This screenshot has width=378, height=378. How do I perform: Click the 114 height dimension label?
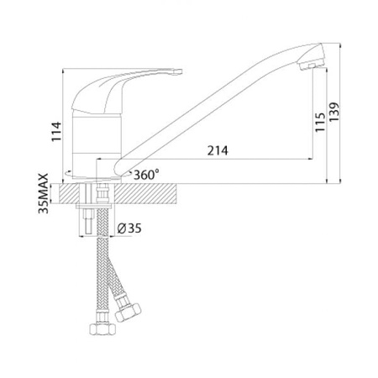coord(56,132)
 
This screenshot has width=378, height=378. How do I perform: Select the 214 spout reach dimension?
coord(218,150)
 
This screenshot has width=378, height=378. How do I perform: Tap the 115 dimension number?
coord(320,122)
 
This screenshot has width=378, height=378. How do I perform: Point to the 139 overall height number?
coord(334,112)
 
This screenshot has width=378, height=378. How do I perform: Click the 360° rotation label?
coord(146,175)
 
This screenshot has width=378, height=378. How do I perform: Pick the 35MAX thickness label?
coord(44,193)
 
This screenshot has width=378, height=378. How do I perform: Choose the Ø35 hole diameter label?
coord(129,228)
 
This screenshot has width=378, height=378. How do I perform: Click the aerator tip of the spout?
coord(312,66)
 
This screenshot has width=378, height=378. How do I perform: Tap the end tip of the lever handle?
coord(177,72)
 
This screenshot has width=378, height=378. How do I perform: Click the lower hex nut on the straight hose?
coord(102,328)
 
